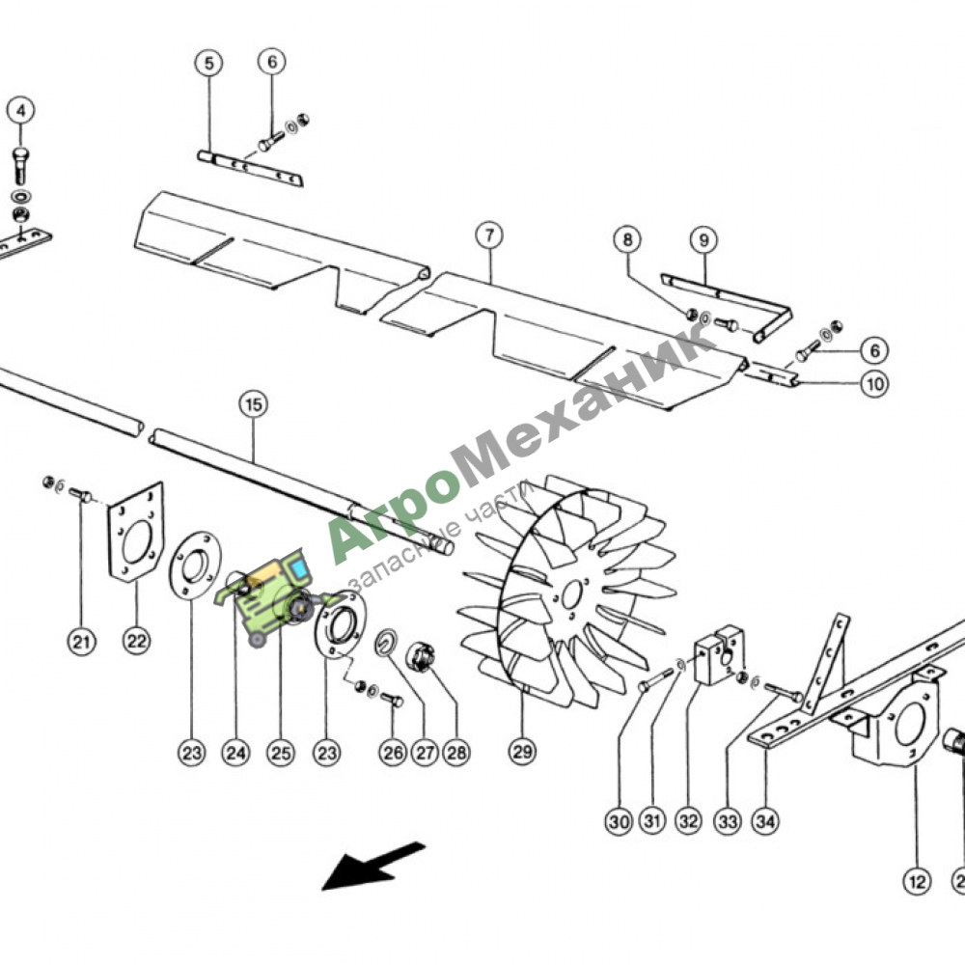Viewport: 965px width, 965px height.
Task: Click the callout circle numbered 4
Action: pyautogui.click(x=21, y=111)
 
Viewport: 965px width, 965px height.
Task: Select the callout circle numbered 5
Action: pyautogui.click(x=209, y=64)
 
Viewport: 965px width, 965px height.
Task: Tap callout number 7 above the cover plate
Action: pyautogui.click(x=489, y=235)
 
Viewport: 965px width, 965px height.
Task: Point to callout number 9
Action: pyautogui.click(x=704, y=240)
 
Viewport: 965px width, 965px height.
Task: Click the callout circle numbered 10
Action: pyautogui.click(x=875, y=385)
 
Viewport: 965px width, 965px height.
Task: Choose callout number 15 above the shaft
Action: pyautogui.click(x=254, y=405)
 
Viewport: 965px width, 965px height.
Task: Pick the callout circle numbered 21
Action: pyautogui.click(x=82, y=643)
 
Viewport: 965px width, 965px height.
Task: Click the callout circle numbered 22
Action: pyautogui.click(x=136, y=642)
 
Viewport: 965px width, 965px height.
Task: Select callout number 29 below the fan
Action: pyautogui.click(x=522, y=752)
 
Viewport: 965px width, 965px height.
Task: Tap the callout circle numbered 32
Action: pyautogui.click(x=689, y=821)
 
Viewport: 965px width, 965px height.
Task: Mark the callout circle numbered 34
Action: pyautogui.click(x=765, y=821)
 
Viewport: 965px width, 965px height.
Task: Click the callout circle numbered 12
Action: pyautogui.click(x=917, y=882)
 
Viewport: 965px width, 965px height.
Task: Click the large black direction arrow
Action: pyautogui.click(x=372, y=866)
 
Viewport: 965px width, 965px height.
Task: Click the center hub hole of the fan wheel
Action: pyautogui.click(x=571, y=594)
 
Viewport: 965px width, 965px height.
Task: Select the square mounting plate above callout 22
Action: pyautogui.click(x=136, y=533)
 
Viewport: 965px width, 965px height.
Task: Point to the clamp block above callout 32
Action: pyautogui.click(x=718, y=655)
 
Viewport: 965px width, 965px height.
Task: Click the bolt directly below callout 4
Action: pyautogui.click(x=20, y=166)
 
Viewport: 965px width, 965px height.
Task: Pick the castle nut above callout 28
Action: pyautogui.click(x=421, y=656)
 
